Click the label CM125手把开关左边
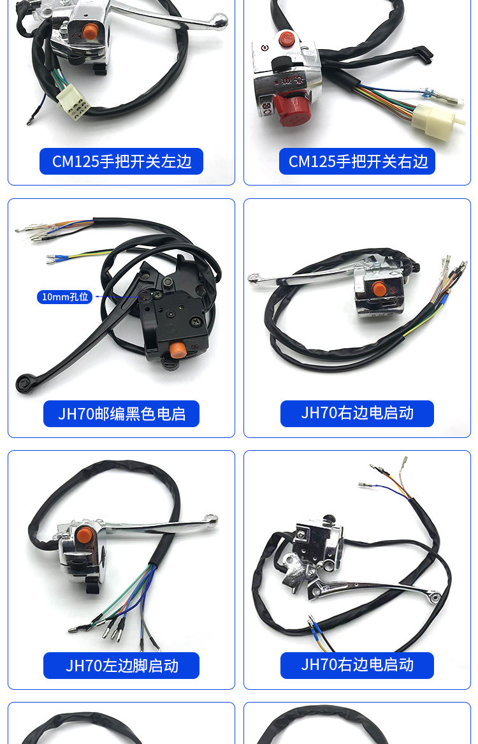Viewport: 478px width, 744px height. click(x=121, y=161)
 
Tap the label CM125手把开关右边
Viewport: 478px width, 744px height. click(x=358, y=161)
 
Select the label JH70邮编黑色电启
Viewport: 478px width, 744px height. click(x=121, y=414)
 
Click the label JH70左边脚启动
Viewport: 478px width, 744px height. click(x=121, y=665)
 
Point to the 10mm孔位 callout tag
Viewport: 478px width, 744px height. click(x=64, y=297)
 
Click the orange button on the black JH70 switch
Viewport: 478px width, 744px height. click(x=177, y=350)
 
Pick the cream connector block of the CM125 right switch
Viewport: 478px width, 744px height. click(x=435, y=122)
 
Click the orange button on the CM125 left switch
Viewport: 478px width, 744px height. click(x=89, y=32)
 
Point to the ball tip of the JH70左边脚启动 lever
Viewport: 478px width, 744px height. click(x=211, y=520)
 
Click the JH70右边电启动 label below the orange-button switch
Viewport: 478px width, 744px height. click(x=357, y=414)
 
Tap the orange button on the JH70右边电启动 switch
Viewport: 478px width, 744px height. click(x=379, y=288)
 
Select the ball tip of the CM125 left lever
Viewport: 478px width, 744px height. click(x=219, y=20)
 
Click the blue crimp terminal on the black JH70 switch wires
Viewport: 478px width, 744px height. click(x=59, y=259)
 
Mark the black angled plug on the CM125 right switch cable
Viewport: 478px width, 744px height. click(x=423, y=54)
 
